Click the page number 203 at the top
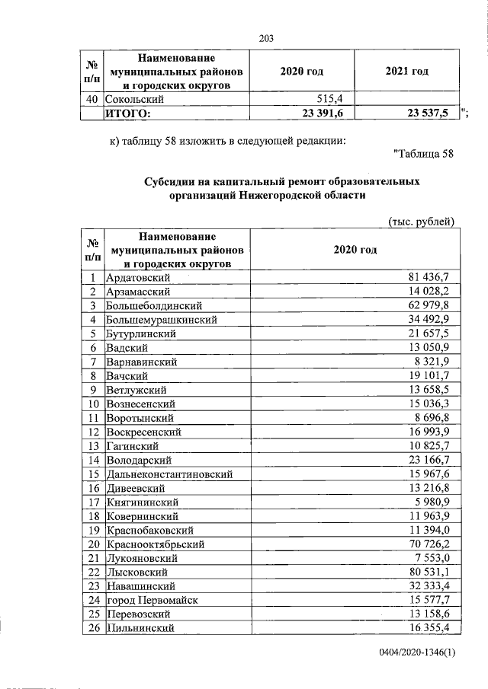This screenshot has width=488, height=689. (266, 39)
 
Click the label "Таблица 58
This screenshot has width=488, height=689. (423, 155)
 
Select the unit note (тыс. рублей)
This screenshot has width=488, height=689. (422, 222)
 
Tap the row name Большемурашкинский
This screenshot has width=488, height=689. (162, 319)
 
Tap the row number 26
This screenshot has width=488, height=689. (91, 629)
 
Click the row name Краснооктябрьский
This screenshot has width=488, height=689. (157, 544)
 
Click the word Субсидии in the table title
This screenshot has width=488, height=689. (169, 182)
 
